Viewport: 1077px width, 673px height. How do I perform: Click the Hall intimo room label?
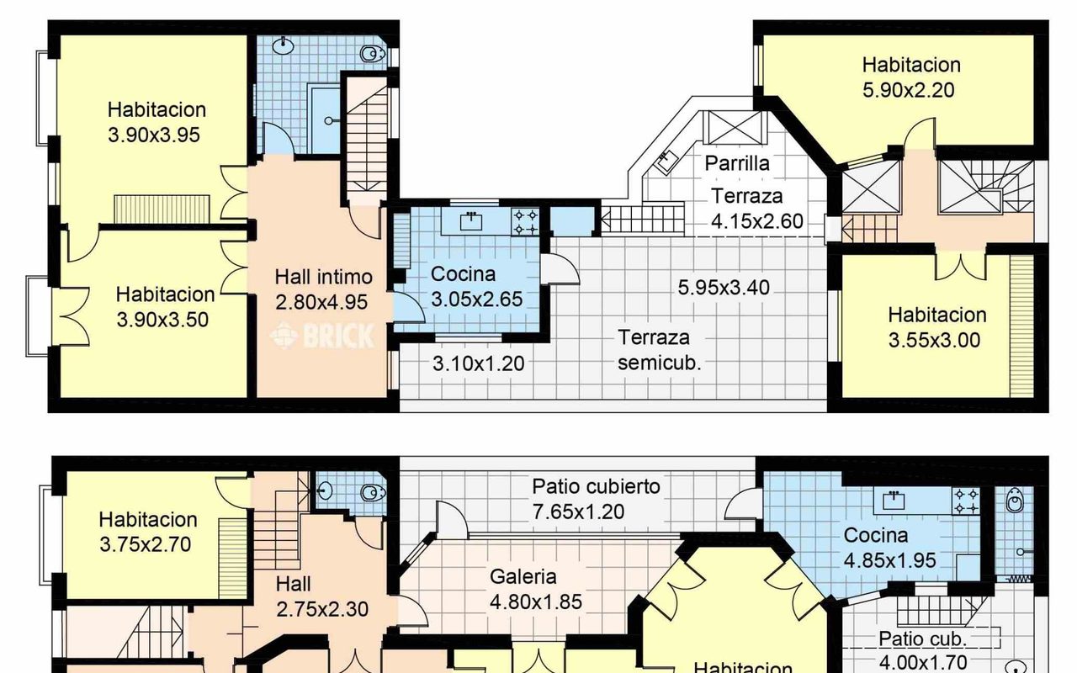[324, 277]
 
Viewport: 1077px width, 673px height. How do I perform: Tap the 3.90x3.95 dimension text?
[154, 135]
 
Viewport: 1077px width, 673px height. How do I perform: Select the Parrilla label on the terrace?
[737, 163]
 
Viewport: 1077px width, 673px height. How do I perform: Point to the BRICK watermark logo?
[322, 336]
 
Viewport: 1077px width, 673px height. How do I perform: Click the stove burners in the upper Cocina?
[525, 221]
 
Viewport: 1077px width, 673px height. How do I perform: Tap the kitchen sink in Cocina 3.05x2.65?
[471, 221]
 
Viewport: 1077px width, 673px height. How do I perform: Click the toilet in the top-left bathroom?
[372, 53]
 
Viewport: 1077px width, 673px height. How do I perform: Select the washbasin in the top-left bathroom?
[284, 46]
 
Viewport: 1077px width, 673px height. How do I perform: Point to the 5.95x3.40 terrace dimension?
[724, 288]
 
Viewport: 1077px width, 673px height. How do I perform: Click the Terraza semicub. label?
[659, 350]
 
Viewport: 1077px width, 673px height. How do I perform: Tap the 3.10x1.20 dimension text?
[479, 364]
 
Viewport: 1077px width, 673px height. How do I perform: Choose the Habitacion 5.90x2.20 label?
[911, 77]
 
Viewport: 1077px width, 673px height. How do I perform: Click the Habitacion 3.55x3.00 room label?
[936, 327]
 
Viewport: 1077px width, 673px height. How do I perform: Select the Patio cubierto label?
[596, 486]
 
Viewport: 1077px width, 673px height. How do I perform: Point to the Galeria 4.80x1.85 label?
[536, 589]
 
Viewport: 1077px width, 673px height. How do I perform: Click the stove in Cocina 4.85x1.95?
[966, 501]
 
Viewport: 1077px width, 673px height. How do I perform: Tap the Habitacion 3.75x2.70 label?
[147, 533]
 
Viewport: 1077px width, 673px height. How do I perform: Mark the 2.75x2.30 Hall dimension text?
[322, 610]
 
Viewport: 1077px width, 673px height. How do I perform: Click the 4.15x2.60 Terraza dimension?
[756, 221]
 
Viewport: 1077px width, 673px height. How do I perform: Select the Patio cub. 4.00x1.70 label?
[923, 651]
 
